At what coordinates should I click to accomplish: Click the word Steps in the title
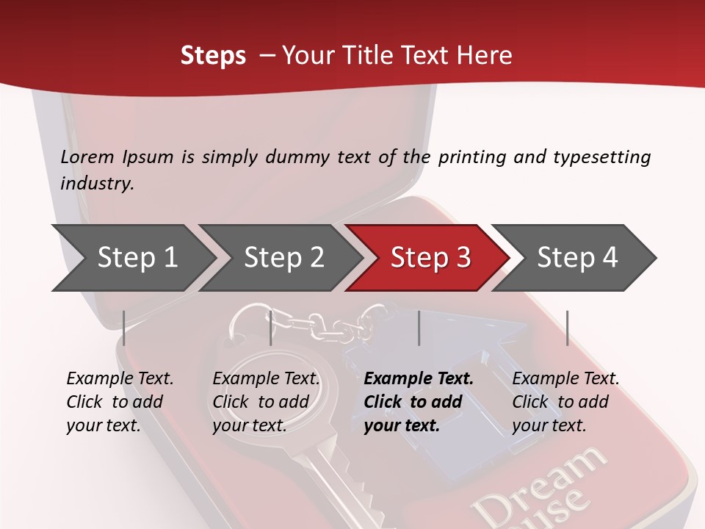click(213, 56)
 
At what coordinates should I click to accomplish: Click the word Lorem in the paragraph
click(87, 156)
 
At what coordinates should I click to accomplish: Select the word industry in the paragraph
click(96, 183)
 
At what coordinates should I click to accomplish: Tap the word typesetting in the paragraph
click(601, 156)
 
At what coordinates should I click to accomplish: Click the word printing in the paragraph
click(470, 156)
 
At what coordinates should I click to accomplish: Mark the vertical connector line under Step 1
click(124, 328)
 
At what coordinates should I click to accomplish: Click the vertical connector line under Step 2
click(271, 328)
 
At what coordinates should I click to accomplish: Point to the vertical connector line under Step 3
click(419, 328)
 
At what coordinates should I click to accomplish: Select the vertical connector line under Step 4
click(568, 328)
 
